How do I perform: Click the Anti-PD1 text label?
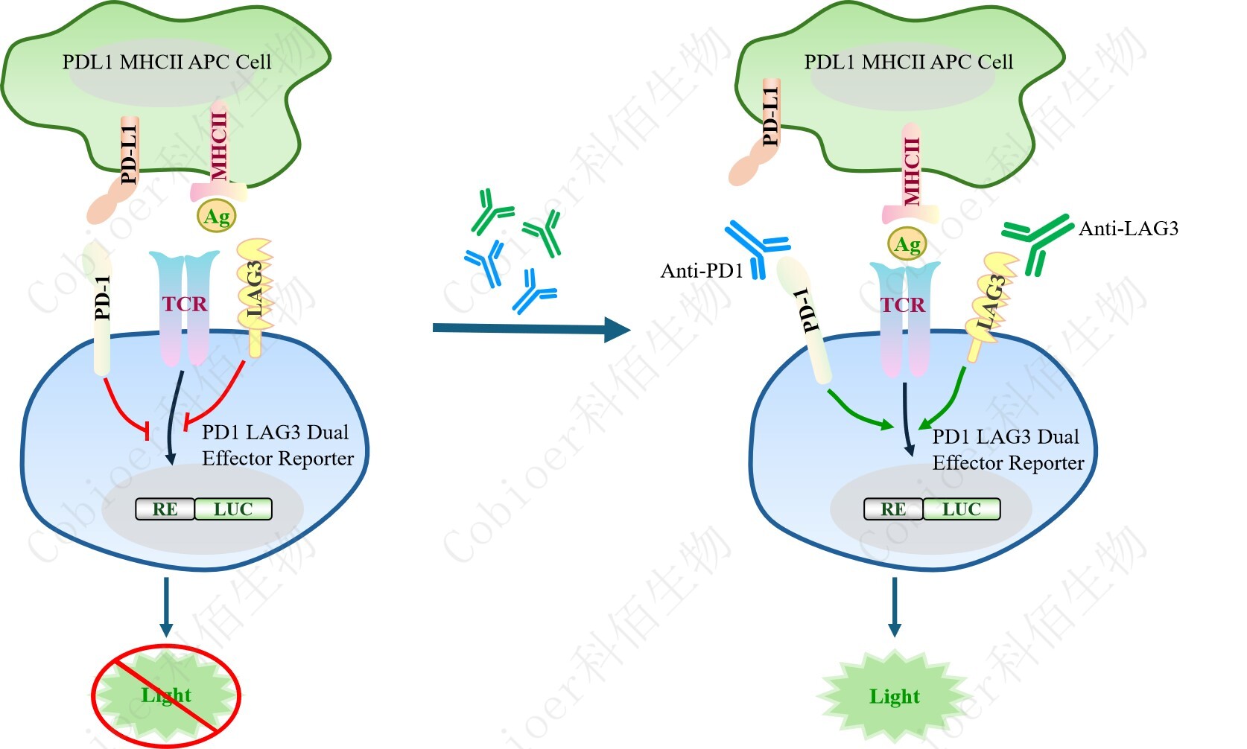[x=702, y=271]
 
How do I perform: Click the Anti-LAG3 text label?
[x=1128, y=229]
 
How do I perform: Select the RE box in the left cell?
[x=165, y=509]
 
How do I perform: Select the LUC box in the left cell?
[x=233, y=509]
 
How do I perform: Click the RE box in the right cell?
[x=893, y=509]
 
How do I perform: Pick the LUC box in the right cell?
[x=961, y=509]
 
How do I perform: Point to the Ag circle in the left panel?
[x=217, y=217]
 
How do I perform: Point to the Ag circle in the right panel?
[x=907, y=244]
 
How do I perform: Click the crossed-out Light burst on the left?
[x=166, y=695]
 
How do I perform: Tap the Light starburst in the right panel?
[x=894, y=696]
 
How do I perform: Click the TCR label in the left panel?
[x=185, y=304]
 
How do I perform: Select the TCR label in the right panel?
[x=903, y=305]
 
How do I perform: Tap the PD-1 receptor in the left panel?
[x=103, y=305]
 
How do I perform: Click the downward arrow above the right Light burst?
[x=894, y=607]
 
